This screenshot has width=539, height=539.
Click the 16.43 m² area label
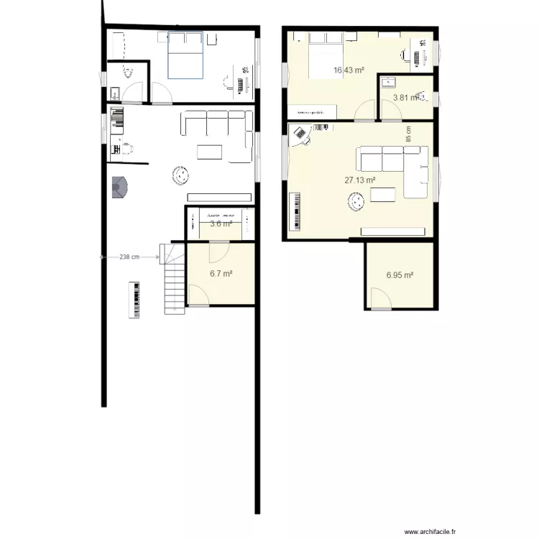point(349,70)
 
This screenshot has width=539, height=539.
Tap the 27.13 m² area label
point(361,180)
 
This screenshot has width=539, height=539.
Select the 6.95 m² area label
point(400,275)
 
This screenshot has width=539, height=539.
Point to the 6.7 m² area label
point(221,273)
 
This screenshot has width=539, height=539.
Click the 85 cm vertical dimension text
point(409,134)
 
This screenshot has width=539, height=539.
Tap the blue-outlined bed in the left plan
point(185,55)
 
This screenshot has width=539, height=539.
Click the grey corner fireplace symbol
point(119,188)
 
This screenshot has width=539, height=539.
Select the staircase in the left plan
point(172,278)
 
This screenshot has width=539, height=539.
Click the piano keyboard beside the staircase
point(135,300)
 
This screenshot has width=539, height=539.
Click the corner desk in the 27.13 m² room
point(299,134)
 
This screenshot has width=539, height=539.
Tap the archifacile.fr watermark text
point(430,532)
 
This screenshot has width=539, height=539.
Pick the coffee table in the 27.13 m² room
point(381,195)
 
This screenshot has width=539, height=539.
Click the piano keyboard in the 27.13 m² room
point(294,211)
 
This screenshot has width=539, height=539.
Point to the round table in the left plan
point(180,175)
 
